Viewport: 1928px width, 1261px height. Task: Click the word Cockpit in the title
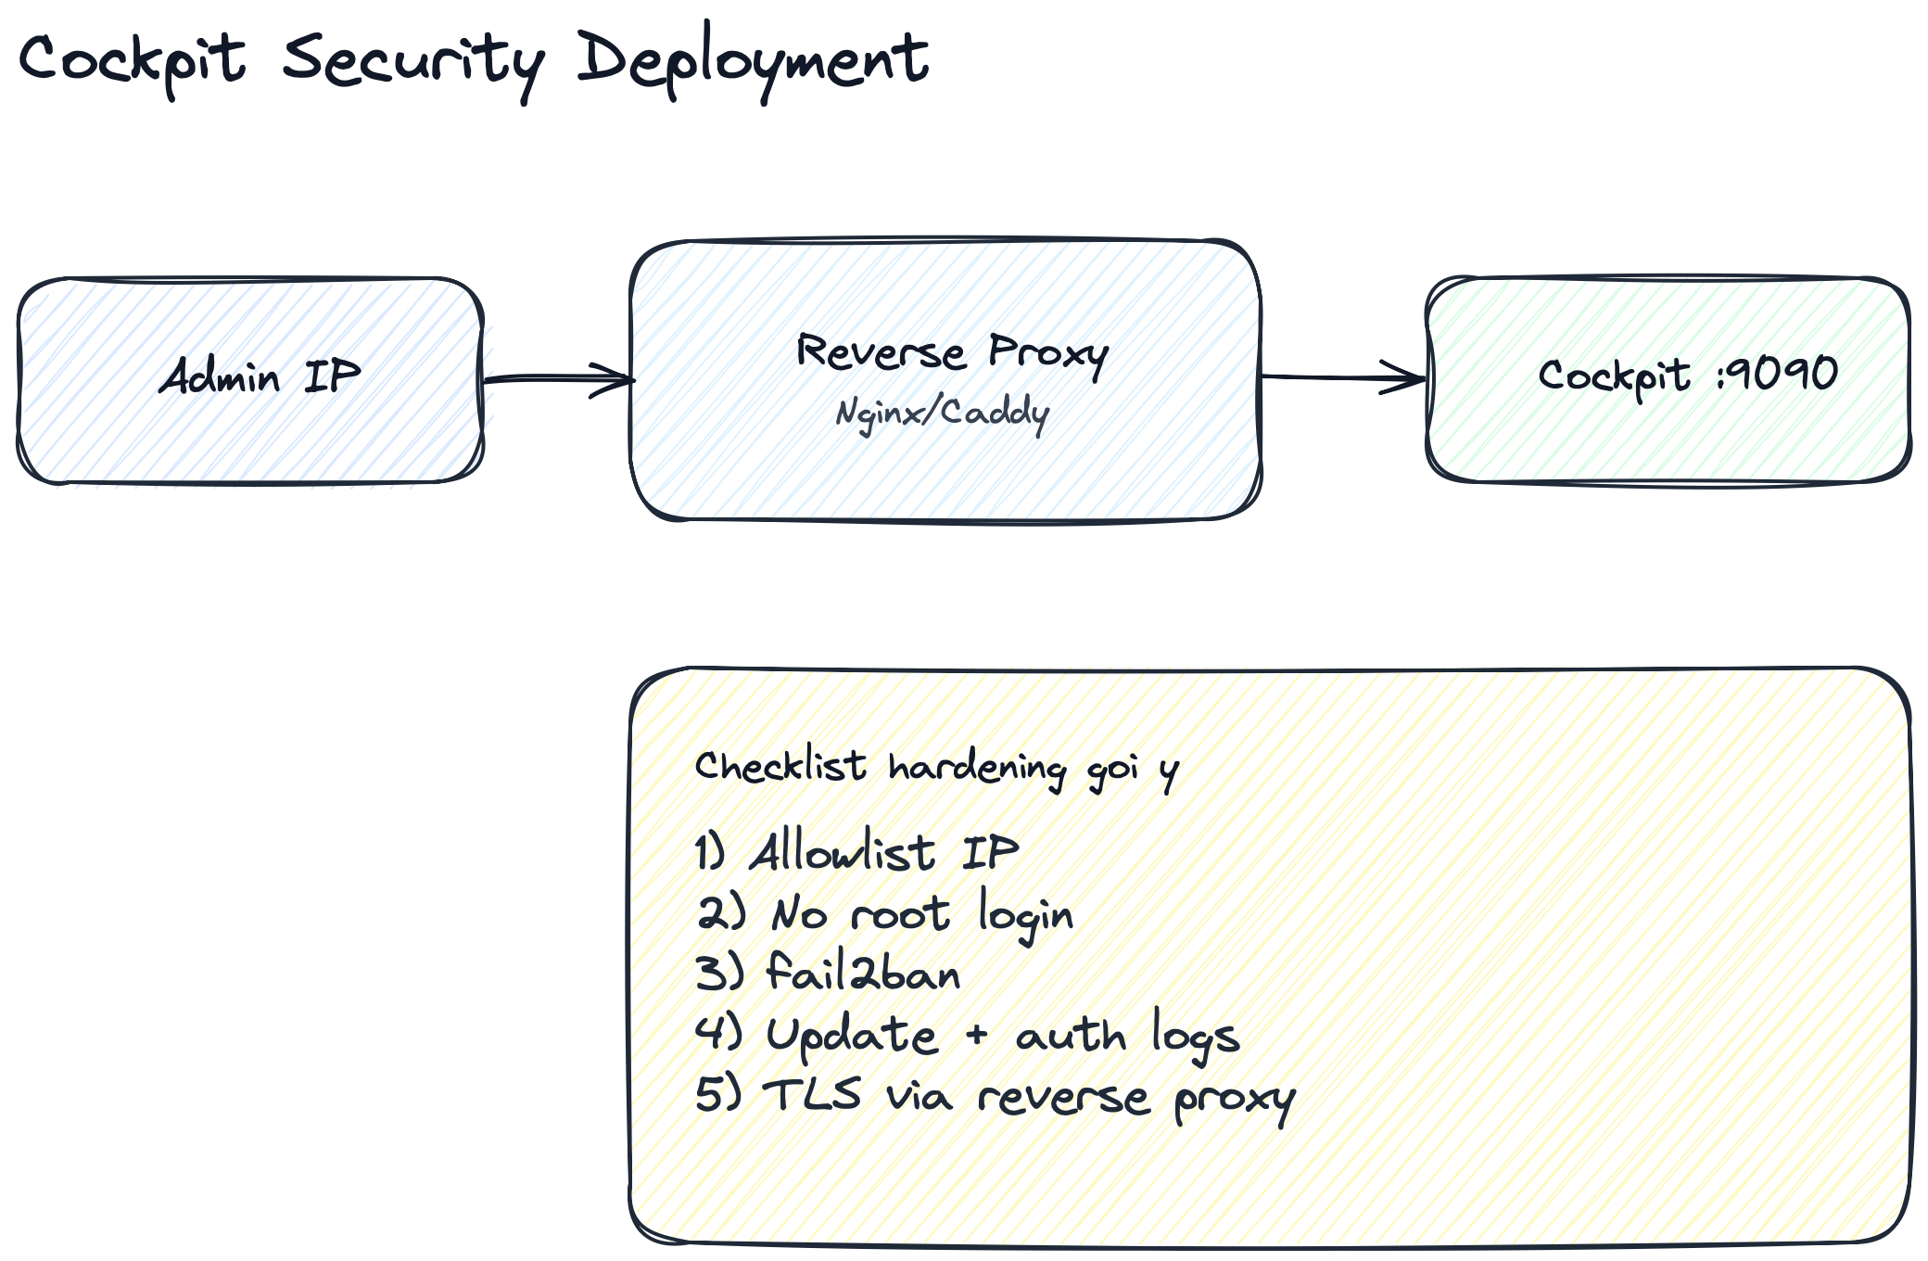pyautogui.click(x=132, y=59)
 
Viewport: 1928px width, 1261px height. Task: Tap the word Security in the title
pyautogui.click(x=413, y=61)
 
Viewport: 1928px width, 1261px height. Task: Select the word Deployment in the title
pyautogui.click(x=752, y=59)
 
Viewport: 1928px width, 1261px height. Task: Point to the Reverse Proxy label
pyautogui.click(x=952, y=352)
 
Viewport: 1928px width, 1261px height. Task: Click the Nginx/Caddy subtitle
pyautogui.click(x=942, y=413)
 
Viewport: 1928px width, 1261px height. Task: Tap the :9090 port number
pyautogui.click(x=1777, y=374)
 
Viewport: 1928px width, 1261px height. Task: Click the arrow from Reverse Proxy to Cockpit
pyautogui.click(x=1344, y=377)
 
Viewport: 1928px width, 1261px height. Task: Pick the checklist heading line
pyautogui.click(x=936, y=768)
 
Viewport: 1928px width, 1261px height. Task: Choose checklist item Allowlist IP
pyautogui.click(x=857, y=852)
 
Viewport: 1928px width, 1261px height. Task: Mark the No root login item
pyautogui.click(x=885, y=914)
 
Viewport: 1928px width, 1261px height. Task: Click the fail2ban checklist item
pyautogui.click(x=828, y=974)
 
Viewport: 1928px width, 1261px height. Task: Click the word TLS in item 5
pyautogui.click(x=812, y=1094)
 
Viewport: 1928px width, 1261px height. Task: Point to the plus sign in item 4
pyautogui.click(x=976, y=1035)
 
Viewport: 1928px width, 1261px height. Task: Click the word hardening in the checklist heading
pyautogui.click(x=977, y=769)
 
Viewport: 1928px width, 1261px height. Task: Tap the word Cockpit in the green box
pyautogui.click(x=1614, y=376)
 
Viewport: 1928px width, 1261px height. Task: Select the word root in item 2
pyautogui.click(x=900, y=915)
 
